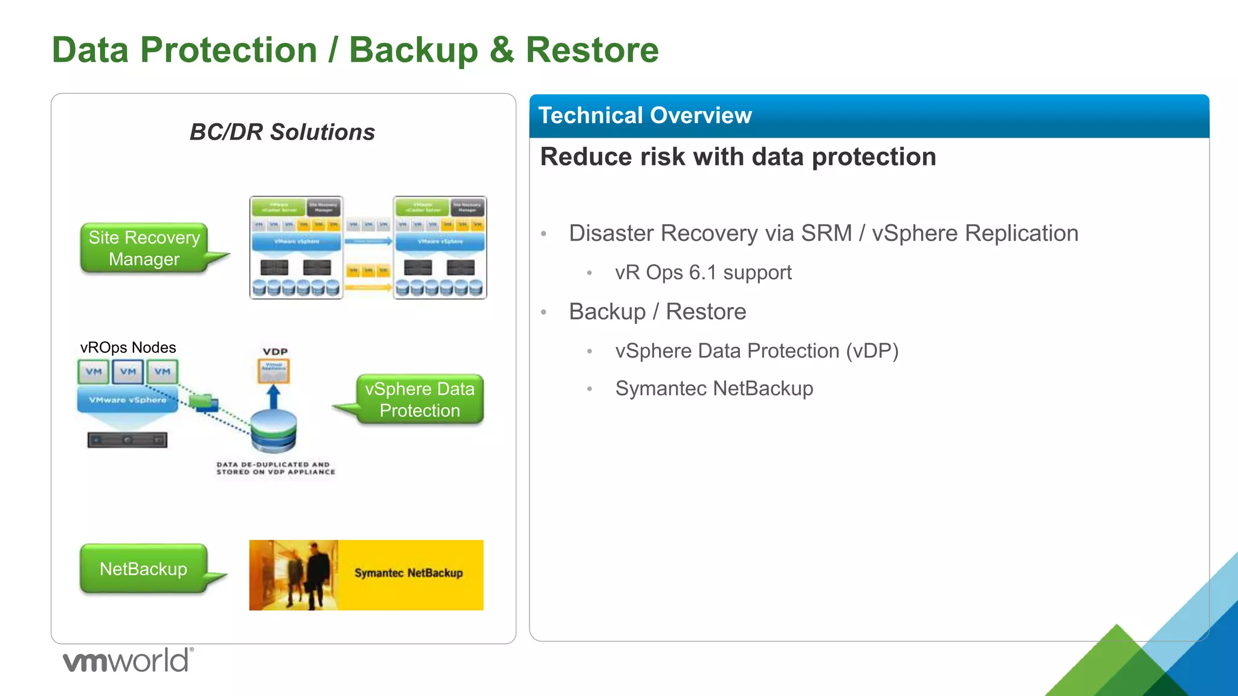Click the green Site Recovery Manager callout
[x=144, y=248]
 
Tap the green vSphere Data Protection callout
[x=420, y=399]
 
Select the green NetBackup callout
[x=143, y=569]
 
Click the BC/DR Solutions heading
[x=282, y=132]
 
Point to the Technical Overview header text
[x=645, y=115]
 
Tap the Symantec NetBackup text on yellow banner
[x=409, y=573]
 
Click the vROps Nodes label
[x=128, y=347]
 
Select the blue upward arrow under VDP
[x=274, y=396]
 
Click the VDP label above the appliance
[x=275, y=352]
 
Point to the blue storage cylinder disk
[x=274, y=431]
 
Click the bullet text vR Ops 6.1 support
[x=703, y=272]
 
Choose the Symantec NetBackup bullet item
[x=714, y=388]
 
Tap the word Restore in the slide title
[x=592, y=50]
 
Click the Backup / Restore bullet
[x=657, y=312]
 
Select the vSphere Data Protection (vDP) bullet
[x=756, y=351]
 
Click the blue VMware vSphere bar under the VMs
[x=128, y=400]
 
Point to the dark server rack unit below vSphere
[x=127, y=440]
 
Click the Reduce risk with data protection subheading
[x=738, y=157]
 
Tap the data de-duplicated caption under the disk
[x=276, y=468]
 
